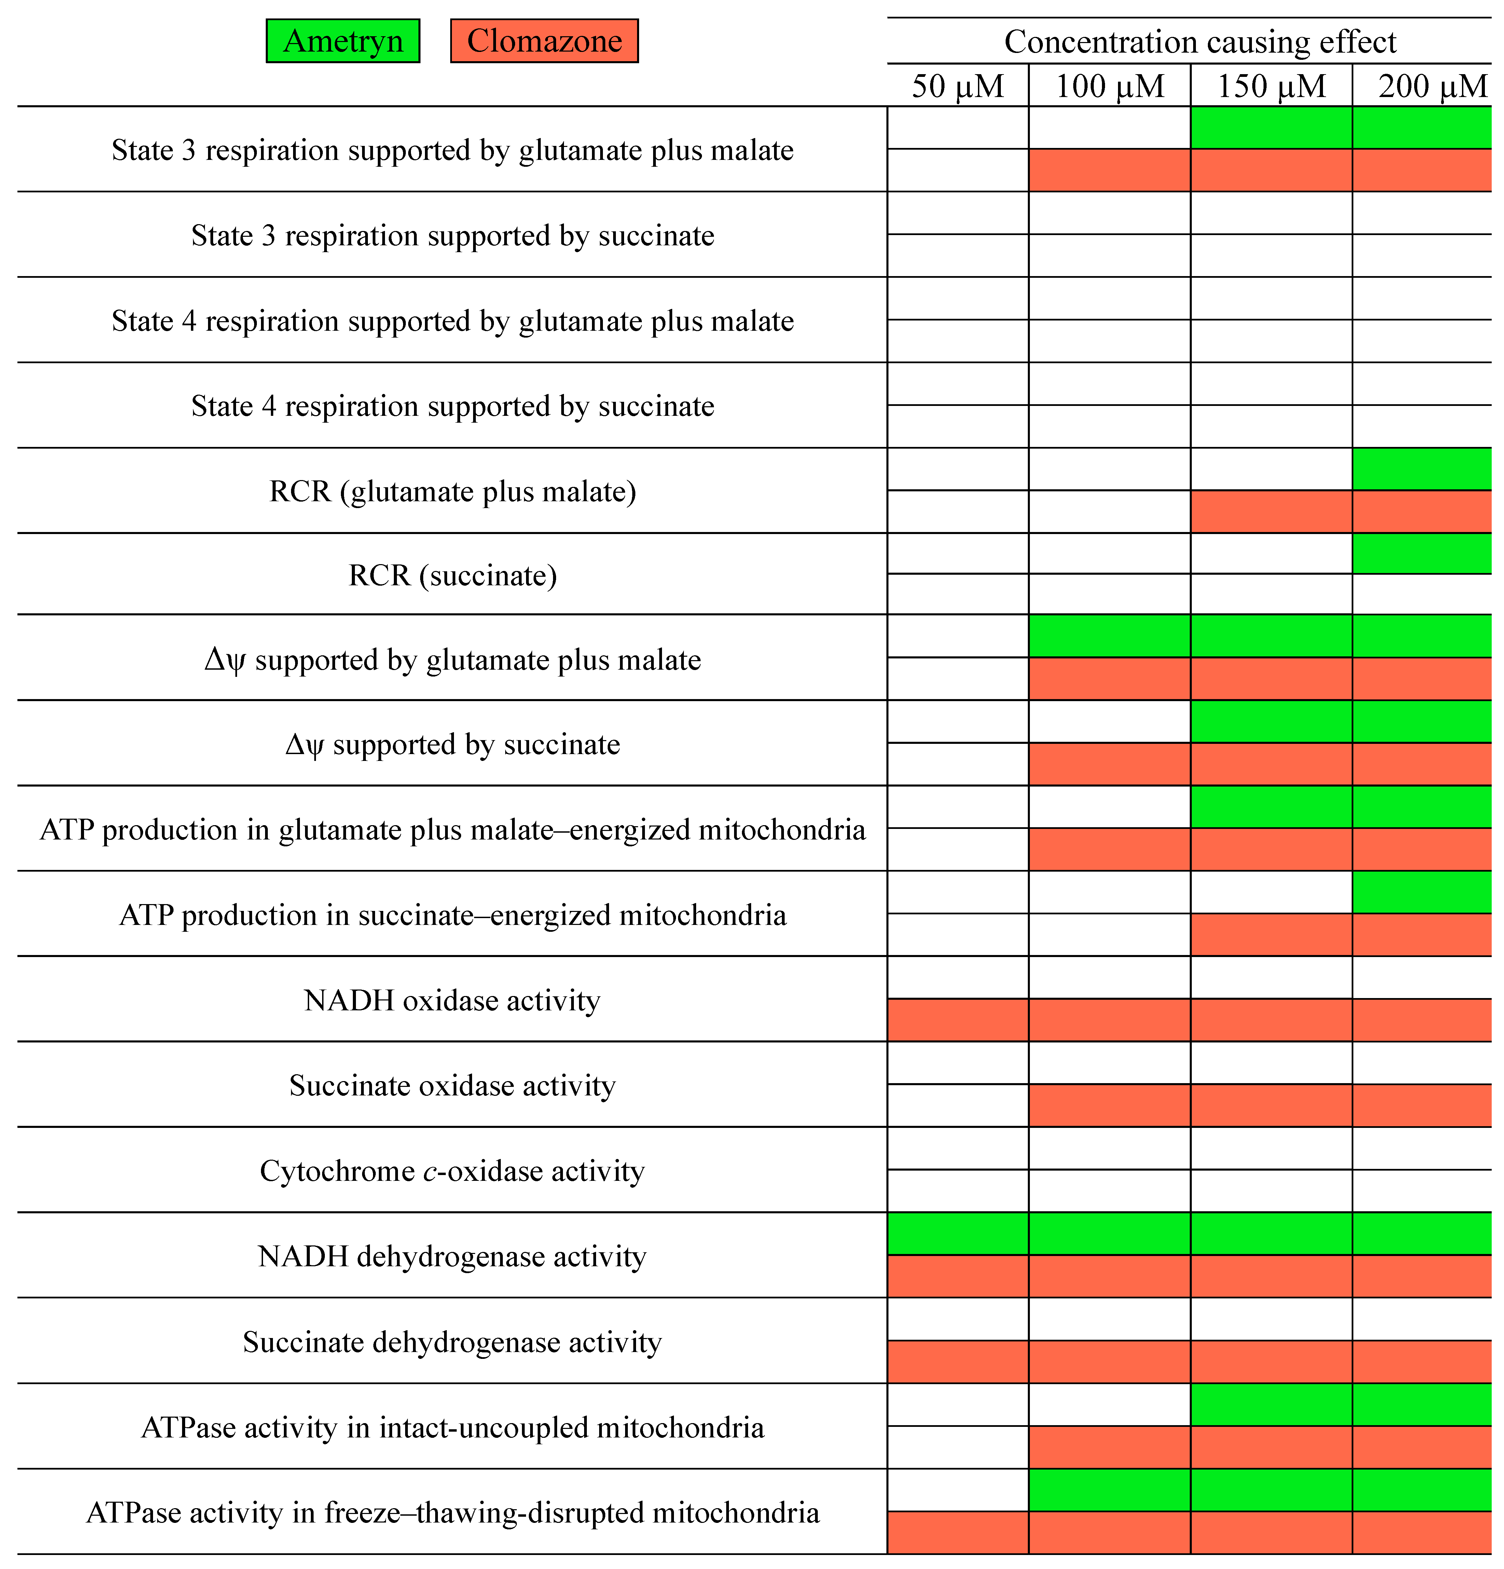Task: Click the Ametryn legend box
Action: (343, 41)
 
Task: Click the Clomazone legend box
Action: (544, 41)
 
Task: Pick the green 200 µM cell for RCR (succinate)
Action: (1422, 553)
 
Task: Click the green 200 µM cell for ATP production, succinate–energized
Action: (1422, 892)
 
